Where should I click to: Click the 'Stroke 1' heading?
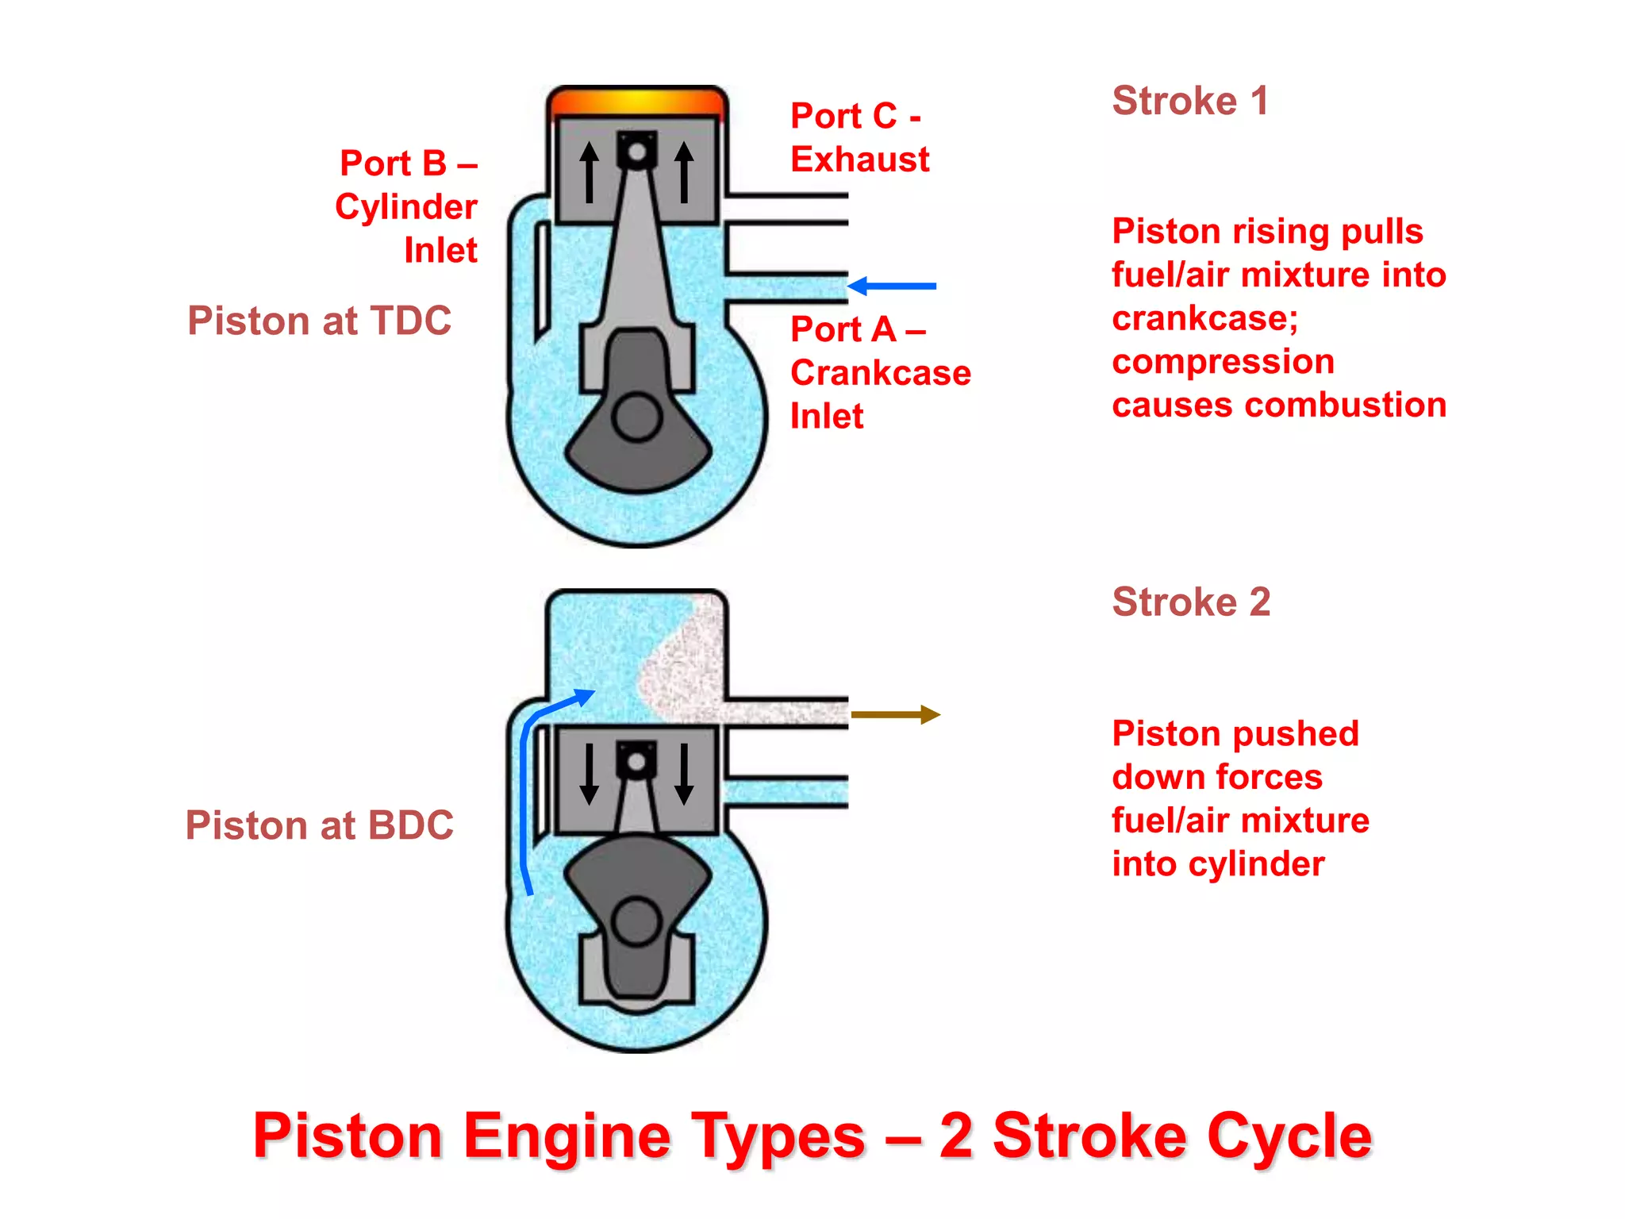1189,102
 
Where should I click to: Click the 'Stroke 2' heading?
1190,602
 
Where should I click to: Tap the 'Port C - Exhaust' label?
859,137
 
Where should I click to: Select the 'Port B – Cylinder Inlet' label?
408,206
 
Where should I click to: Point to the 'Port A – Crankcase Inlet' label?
879,372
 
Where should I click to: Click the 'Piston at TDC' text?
319,321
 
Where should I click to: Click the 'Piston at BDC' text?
319,825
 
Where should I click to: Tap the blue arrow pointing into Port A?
893,286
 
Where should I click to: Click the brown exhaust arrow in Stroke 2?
895,715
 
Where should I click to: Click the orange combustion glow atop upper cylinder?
637,102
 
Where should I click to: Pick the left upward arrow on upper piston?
589,172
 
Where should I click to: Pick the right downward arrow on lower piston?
684,774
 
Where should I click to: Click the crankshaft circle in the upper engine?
636,417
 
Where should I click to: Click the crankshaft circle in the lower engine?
636,922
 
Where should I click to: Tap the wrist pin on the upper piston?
636,151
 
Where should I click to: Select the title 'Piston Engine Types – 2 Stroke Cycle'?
812,1136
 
